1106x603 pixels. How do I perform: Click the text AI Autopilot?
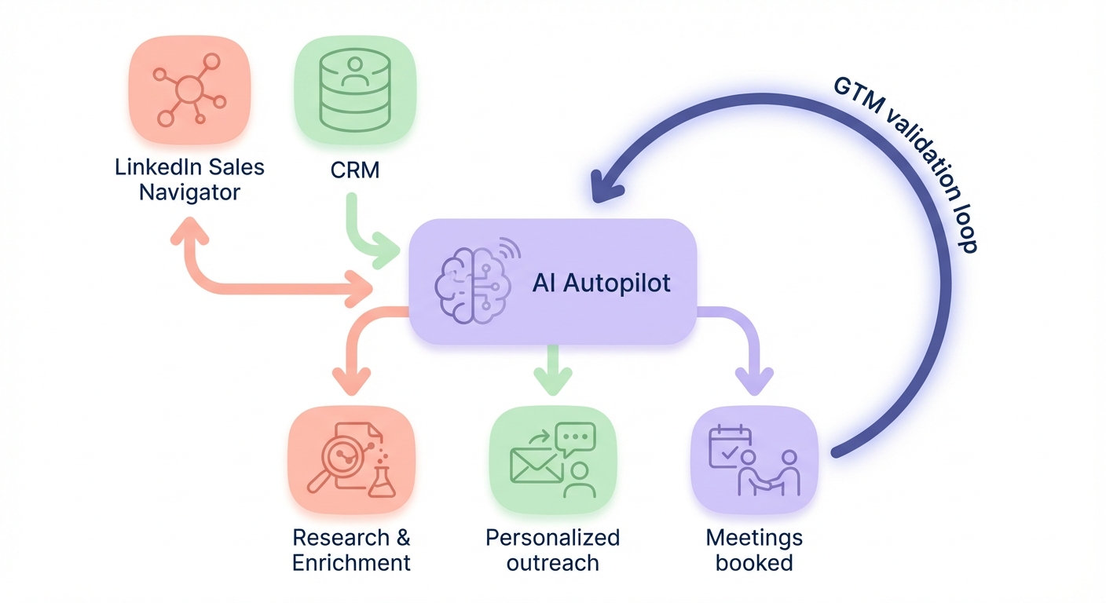601,283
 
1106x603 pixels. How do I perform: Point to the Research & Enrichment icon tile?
352,460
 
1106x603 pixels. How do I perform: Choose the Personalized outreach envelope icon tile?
552,460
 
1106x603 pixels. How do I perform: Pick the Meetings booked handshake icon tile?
754,460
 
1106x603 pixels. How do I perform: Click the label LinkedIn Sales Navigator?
189,179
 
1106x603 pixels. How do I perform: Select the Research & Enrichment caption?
351,550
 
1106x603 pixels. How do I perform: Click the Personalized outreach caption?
552,550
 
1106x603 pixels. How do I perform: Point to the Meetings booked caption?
754,550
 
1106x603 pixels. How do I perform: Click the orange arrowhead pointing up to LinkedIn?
189,229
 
